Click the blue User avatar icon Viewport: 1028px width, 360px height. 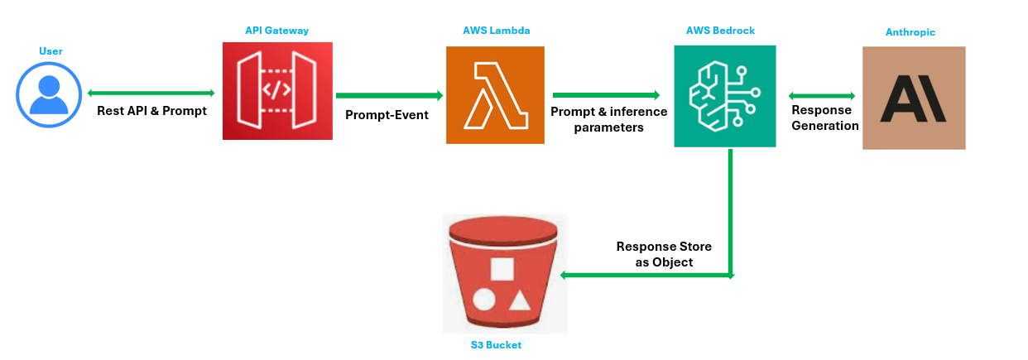pos(49,95)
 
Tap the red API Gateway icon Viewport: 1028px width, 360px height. pos(277,91)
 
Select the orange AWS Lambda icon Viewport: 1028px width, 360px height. pos(495,95)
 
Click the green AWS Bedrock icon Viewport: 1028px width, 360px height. pos(725,96)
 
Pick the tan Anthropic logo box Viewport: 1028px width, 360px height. pos(914,98)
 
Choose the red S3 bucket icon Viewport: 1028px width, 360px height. pos(503,274)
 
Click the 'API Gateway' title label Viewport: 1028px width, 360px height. pos(276,31)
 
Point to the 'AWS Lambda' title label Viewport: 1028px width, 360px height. pos(497,31)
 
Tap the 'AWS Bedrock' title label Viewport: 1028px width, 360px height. pos(721,31)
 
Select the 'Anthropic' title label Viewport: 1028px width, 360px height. pos(910,32)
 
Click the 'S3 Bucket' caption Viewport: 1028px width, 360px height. pos(496,345)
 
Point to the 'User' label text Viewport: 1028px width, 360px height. pos(50,51)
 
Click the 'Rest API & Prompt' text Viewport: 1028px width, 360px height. pos(152,111)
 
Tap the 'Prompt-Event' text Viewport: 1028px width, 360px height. pos(387,115)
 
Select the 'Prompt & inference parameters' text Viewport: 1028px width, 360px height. pos(609,119)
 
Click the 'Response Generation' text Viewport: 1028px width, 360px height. pos(825,118)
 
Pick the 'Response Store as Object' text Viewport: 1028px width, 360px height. pos(664,254)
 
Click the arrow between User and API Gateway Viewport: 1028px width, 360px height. pos(151,93)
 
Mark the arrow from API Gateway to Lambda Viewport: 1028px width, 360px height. pos(390,95)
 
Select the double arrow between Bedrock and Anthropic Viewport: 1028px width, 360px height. pos(822,96)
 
